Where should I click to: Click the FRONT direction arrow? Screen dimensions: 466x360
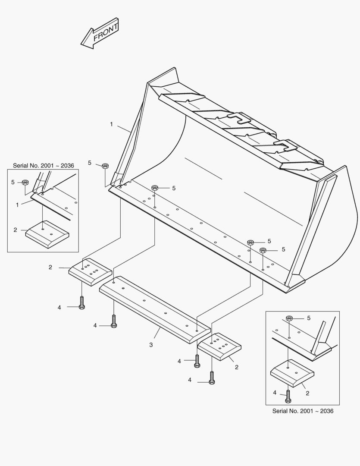[100, 33]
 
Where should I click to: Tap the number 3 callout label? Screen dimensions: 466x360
[151, 345]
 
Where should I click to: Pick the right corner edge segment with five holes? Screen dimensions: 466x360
[219, 346]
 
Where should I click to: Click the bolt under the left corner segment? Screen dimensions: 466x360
[81, 302]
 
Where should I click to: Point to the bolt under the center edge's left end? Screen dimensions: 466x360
[114, 322]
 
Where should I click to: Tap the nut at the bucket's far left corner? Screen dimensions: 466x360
[105, 166]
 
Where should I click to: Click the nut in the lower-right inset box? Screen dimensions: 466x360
[289, 318]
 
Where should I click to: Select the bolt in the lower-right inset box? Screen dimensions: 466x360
[288, 397]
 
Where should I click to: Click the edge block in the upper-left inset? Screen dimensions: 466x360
[47, 234]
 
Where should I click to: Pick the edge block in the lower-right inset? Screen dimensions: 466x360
[292, 373]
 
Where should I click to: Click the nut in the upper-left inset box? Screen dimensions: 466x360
[25, 183]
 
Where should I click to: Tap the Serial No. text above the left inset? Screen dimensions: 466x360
[43, 165]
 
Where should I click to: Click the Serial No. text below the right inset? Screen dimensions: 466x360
[303, 411]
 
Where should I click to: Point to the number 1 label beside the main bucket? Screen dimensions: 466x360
[111, 124]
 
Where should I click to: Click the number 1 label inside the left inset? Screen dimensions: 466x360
[17, 205]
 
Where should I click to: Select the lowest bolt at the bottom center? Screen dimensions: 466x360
[211, 377]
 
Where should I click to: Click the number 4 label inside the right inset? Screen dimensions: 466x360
[275, 393]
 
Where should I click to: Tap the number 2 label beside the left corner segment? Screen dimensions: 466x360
[50, 268]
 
